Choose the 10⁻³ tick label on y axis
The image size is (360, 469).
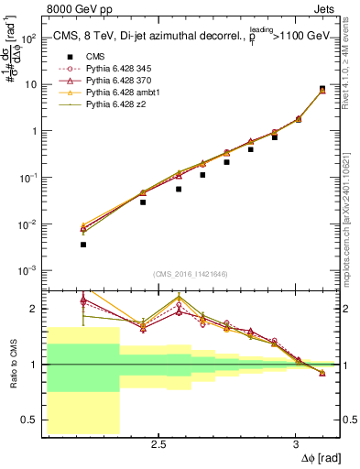point(27,270)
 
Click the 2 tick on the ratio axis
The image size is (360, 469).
point(34,309)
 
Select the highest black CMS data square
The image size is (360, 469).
point(322,89)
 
